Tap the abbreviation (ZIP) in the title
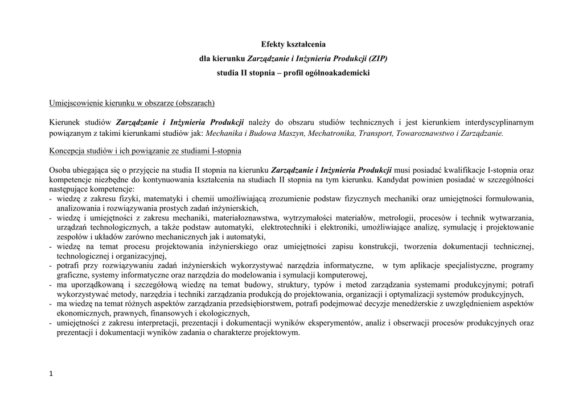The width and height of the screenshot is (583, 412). click(377, 59)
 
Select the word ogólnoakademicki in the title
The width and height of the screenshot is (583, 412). click(339, 73)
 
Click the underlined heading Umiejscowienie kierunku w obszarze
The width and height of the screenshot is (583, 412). click(132, 103)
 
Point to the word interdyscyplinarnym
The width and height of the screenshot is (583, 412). click(499, 122)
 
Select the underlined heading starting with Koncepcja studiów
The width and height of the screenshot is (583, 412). click(145, 151)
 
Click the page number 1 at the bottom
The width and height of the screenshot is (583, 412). click(51, 373)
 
